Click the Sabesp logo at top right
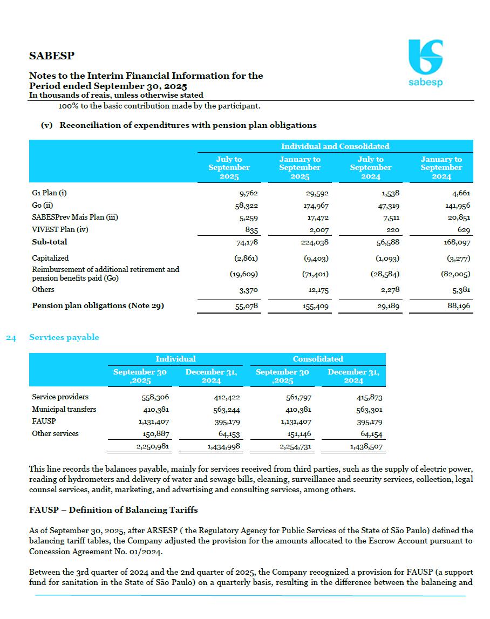pos(425,63)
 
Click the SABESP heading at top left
pos(52,56)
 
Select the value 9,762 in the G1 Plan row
pos(249,193)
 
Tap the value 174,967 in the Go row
pos(317,206)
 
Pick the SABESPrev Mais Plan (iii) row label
pos(75,217)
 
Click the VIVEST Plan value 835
pos(251,230)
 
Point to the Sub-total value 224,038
pos(315,242)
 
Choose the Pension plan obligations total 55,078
pos(247,307)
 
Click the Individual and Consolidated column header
pos(335,146)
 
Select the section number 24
pos(11,337)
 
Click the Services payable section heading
pos(64,337)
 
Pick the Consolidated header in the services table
pos(318,359)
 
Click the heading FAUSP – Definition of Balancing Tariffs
pos(113,510)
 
